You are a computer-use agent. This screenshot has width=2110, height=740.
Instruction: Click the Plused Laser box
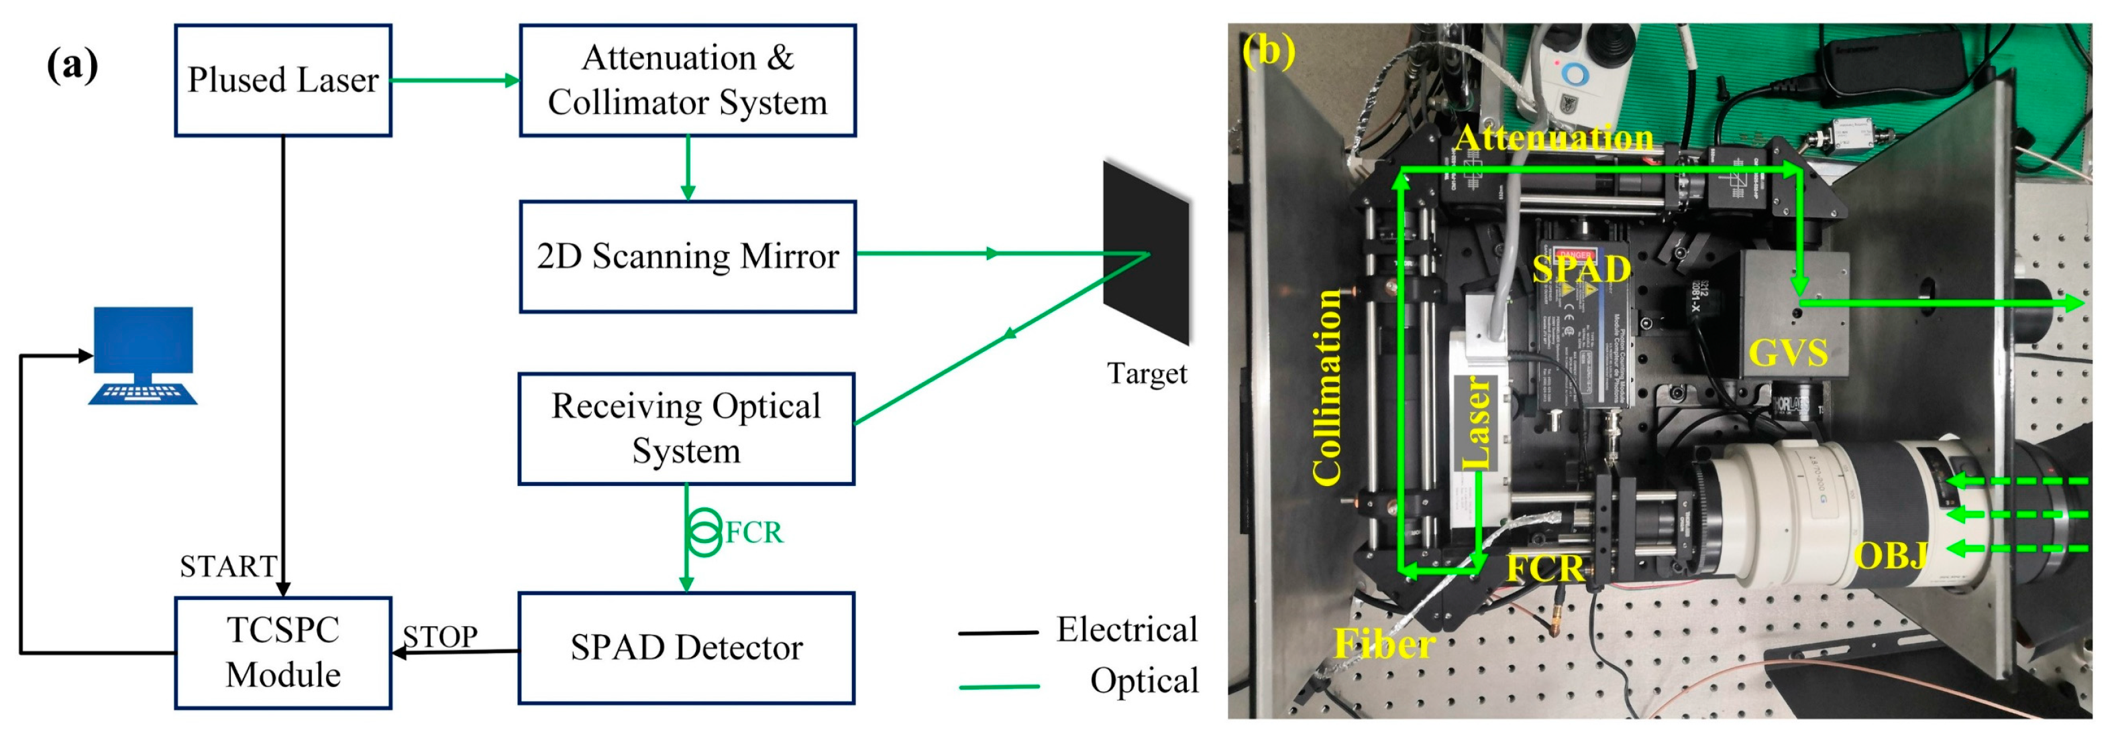tap(282, 80)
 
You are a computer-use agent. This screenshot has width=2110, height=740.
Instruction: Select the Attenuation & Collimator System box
tap(687, 80)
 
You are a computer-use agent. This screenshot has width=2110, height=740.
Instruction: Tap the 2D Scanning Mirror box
tap(687, 256)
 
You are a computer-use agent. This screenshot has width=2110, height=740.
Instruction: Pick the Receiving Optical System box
tap(686, 428)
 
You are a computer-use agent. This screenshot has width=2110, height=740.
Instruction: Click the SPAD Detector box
tap(686, 647)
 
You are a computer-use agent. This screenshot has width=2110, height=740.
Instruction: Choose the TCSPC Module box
tap(282, 652)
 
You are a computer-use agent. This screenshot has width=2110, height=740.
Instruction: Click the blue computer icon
tap(144, 355)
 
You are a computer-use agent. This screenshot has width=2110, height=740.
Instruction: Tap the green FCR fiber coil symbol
tap(704, 532)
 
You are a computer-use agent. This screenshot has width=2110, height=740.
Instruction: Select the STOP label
tap(440, 636)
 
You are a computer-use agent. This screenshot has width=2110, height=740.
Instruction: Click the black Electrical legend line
tap(998, 633)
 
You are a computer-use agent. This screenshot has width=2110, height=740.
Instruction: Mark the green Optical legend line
tap(998, 686)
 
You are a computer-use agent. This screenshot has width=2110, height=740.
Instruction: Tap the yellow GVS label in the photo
tap(1787, 353)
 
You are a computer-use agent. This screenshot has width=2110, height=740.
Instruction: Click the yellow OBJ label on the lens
tap(1891, 556)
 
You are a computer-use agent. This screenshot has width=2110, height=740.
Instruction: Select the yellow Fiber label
tap(1384, 643)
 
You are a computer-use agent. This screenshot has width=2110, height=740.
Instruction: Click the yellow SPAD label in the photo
tap(1581, 269)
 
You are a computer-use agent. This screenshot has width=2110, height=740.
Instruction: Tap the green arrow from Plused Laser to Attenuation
tap(455, 80)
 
